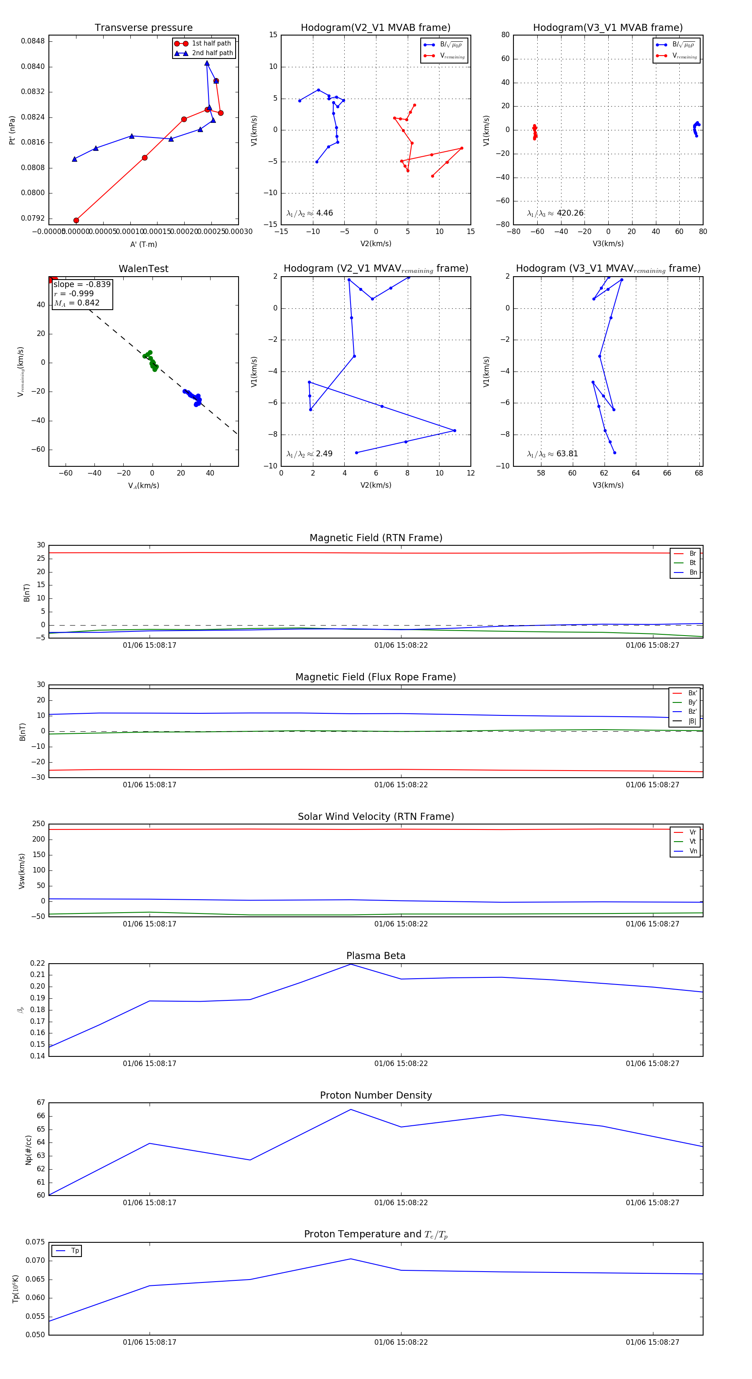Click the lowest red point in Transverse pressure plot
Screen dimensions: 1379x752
[76, 220]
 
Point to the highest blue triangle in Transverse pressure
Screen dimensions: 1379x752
[207, 63]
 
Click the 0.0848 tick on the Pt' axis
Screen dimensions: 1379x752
[33, 41]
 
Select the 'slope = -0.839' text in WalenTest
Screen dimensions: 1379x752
[82, 284]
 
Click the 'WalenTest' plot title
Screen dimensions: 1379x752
[143, 269]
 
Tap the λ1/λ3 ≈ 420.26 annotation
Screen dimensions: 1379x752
[555, 213]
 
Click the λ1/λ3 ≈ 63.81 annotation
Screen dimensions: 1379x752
[552, 454]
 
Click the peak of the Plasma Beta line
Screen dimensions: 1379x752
[351, 964]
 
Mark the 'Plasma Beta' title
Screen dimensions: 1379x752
[376, 956]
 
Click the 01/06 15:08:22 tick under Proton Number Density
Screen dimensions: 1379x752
[401, 1202]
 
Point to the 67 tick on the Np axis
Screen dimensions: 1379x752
[41, 1103]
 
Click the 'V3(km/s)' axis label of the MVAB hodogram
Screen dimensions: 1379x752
[607, 244]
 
